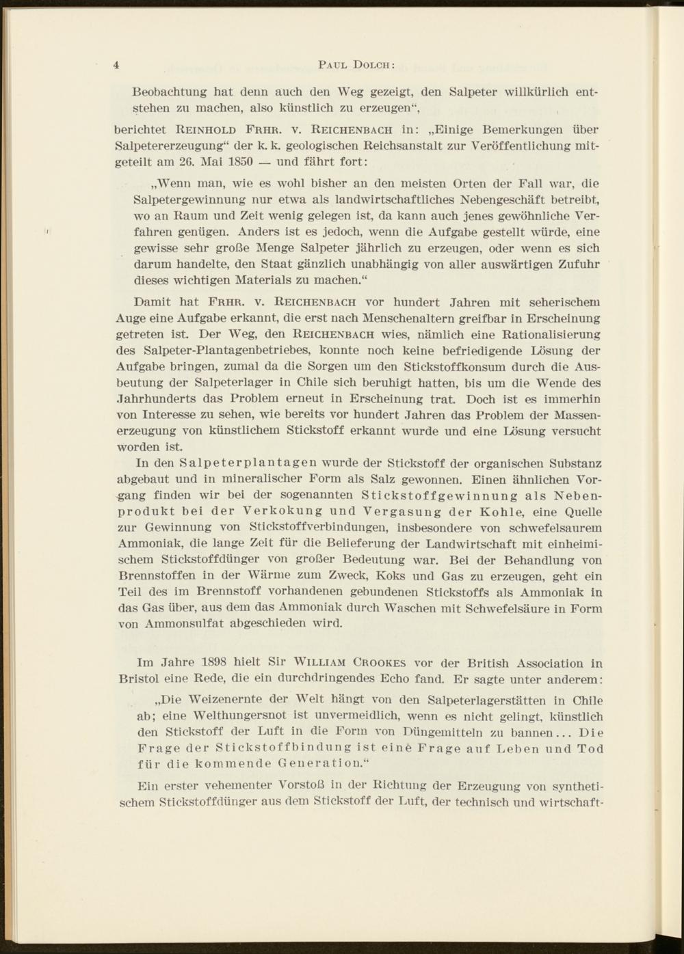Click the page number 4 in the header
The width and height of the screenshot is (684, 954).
[117, 65]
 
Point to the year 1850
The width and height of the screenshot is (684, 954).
[239, 161]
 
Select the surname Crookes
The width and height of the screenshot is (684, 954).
[380, 662]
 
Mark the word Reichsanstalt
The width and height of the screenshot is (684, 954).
[394, 145]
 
